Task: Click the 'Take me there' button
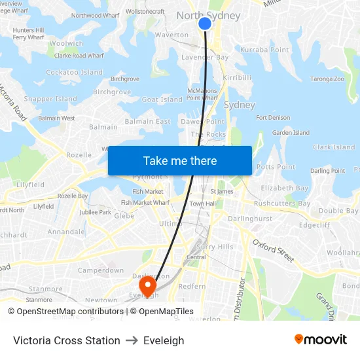(180, 160)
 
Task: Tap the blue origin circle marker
(205, 24)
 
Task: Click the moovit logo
(321, 340)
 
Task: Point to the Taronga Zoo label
(327, 79)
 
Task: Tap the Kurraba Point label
(264, 50)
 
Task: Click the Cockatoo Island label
(74, 73)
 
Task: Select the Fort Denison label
(273, 118)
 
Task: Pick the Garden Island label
(291, 133)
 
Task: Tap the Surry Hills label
(215, 247)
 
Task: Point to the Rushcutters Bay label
(282, 204)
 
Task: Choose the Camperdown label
(101, 270)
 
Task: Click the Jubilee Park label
(96, 212)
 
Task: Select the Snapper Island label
(50, 99)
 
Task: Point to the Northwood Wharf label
(96, 16)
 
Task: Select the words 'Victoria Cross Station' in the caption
(67, 340)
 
